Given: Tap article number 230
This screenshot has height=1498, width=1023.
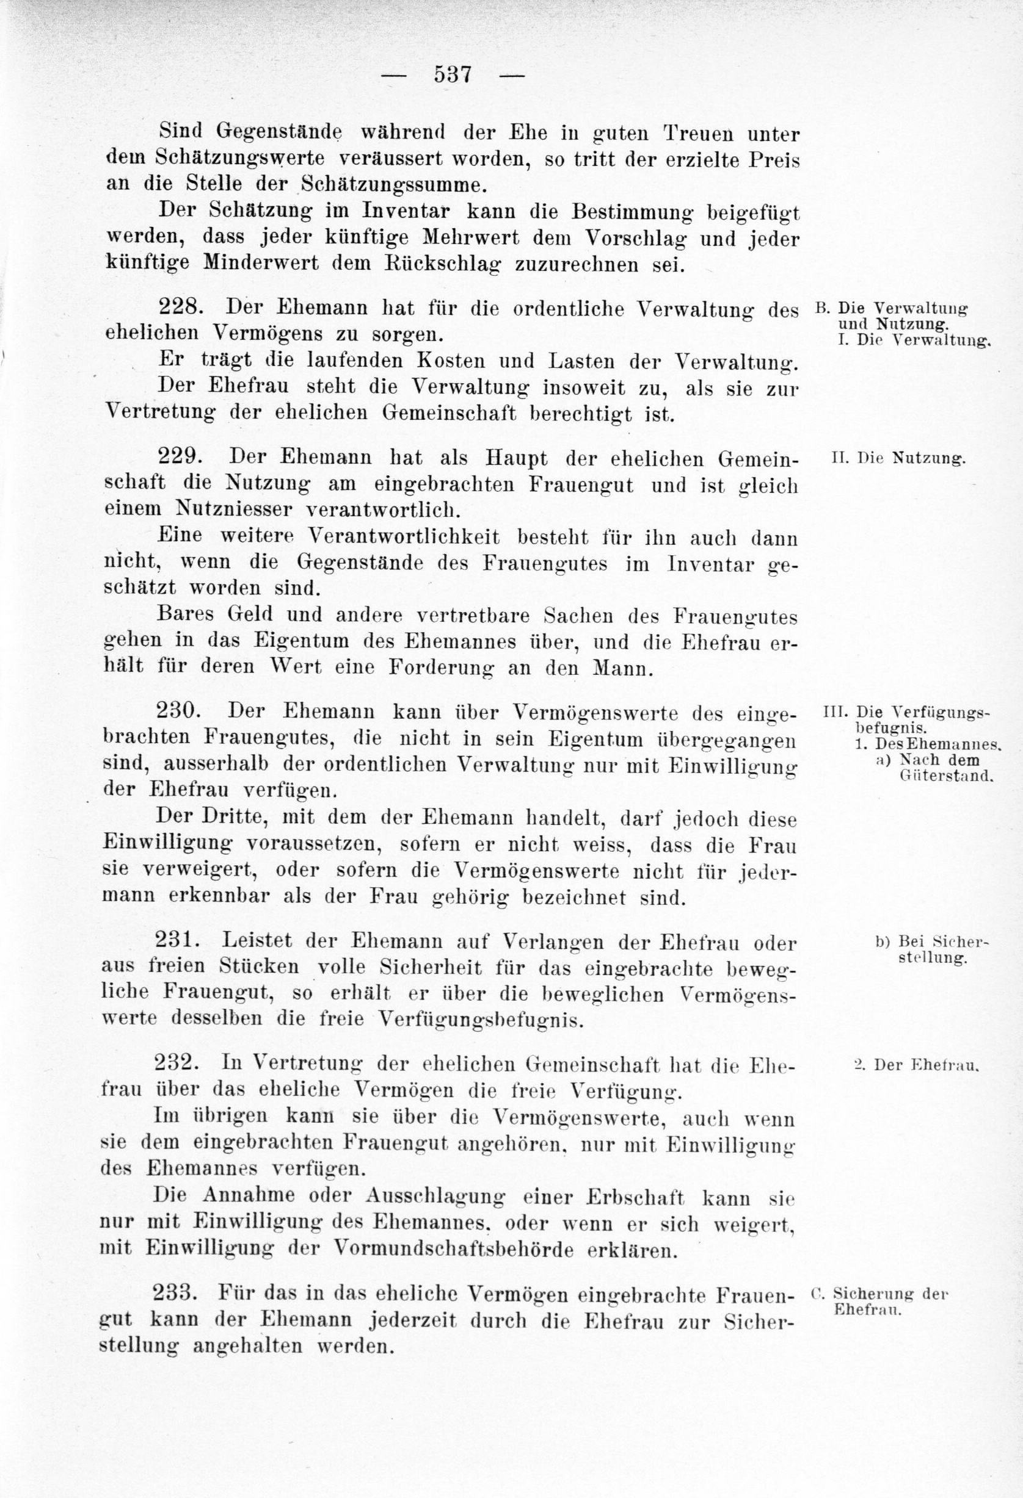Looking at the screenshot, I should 180,711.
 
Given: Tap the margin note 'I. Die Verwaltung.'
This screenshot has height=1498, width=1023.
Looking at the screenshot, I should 912,340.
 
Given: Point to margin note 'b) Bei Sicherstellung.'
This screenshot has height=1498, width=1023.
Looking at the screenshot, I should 932,950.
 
